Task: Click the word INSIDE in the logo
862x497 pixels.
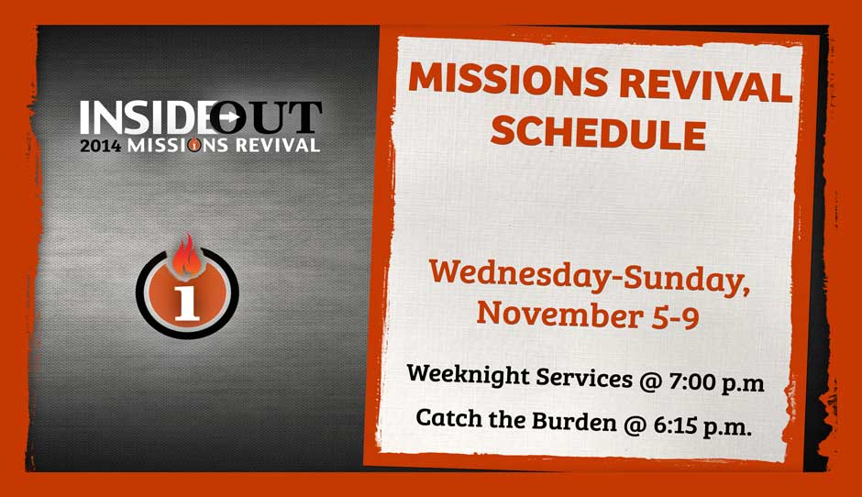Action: click(x=145, y=117)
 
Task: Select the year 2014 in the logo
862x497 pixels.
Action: click(x=101, y=146)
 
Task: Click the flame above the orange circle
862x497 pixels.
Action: click(x=187, y=255)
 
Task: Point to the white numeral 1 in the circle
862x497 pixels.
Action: click(x=187, y=303)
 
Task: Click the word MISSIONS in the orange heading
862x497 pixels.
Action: click(x=507, y=79)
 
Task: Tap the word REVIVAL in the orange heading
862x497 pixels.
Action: click(x=706, y=85)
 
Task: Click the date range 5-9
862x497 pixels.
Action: click(x=676, y=318)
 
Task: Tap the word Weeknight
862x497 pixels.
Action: click(x=468, y=375)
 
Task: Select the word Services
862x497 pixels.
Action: click(x=584, y=378)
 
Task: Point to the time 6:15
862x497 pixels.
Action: click(x=675, y=425)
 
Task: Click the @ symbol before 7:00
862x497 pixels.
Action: click(x=650, y=381)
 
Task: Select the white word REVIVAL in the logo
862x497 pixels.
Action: click(x=278, y=145)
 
